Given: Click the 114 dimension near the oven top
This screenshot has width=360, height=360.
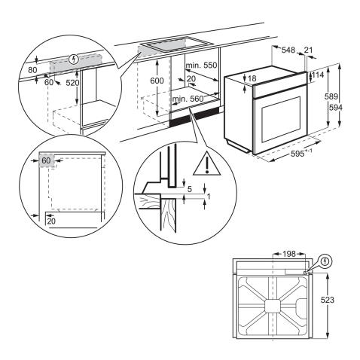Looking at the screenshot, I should point(319,75).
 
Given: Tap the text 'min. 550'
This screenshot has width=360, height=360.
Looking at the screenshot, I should point(200,66).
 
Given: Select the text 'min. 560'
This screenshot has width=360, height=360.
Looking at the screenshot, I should point(188,99).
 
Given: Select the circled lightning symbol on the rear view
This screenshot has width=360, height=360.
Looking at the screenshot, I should point(325,263).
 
